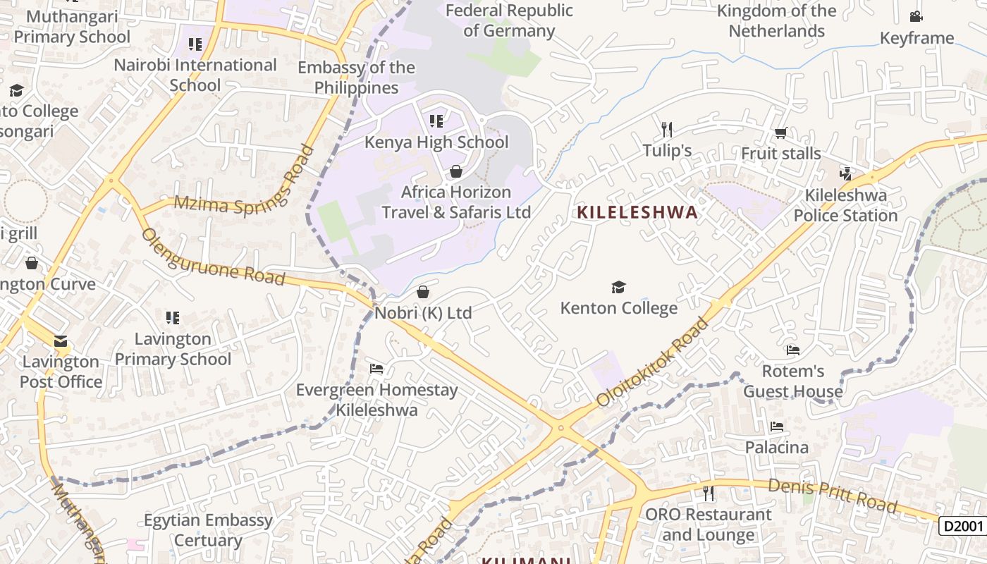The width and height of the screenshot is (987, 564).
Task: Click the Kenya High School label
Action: [436, 142]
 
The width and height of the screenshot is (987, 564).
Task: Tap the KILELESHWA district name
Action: [637, 212]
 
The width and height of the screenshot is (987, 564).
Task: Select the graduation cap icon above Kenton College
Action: [618, 287]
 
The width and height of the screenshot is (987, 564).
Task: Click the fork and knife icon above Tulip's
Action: [667, 129]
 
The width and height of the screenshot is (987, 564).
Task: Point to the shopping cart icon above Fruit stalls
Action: [780, 133]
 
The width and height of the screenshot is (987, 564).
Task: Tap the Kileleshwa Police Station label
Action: [845, 205]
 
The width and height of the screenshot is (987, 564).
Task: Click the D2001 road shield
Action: [962, 526]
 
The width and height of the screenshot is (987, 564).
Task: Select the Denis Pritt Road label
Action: [832, 496]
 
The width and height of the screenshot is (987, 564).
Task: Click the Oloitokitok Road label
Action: [651, 363]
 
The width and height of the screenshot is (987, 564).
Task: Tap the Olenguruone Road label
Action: [214, 257]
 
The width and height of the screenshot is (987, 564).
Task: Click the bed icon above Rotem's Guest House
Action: [793, 350]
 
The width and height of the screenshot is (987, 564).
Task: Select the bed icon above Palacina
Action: [777, 427]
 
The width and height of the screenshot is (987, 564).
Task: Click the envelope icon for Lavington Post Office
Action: [61, 342]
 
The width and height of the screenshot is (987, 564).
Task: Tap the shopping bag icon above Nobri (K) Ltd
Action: [423, 292]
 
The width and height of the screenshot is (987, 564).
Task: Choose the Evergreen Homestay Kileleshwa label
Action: [376, 400]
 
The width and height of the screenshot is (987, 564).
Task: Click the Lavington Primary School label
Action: [173, 349]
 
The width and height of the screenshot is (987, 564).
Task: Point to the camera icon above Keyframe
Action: [916, 17]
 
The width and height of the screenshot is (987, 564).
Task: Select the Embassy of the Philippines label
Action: [356, 78]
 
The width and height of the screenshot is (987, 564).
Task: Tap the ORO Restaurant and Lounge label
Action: [708, 525]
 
